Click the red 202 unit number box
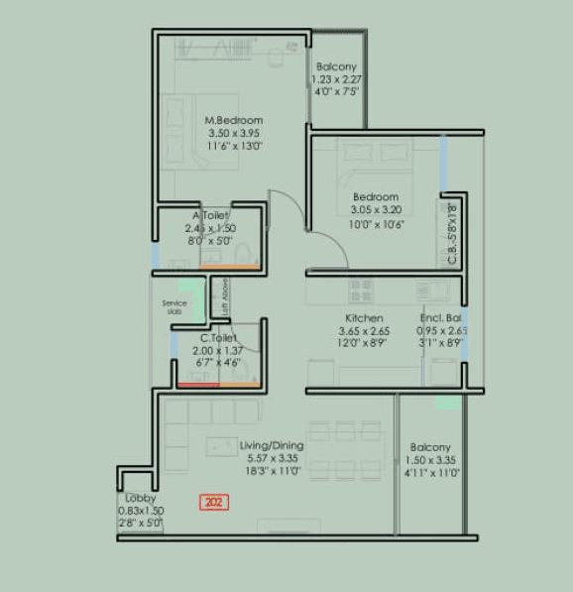pos(213,503)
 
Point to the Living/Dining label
pos(272,446)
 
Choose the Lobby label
pos(139,498)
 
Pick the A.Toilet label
pos(210,215)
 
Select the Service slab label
pos(174,307)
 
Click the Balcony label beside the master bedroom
pos(336,66)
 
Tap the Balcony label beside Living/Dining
pos(430,448)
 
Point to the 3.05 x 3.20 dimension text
pos(376,209)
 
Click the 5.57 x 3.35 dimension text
pos(272,459)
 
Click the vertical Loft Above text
pos(226,296)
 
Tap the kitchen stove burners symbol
pos(362,290)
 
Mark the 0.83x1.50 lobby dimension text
pos(141,510)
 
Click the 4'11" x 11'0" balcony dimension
pos(430,473)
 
